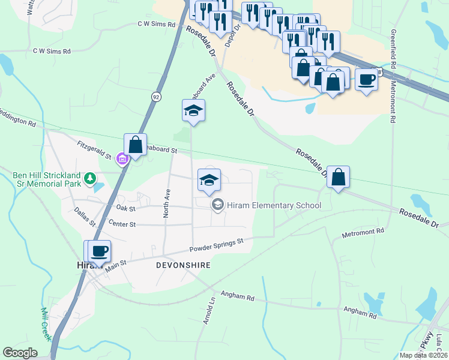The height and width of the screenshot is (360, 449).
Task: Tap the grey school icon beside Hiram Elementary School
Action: pos(217,205)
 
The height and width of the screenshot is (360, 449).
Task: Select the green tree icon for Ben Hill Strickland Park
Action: pos(90,178)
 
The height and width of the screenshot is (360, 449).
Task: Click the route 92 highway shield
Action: pos(155,97)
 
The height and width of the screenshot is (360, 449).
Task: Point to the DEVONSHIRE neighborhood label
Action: pos(183,265)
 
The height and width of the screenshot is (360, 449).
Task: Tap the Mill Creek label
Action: pos(46,324)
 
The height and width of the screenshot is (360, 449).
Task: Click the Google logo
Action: pos(20,353)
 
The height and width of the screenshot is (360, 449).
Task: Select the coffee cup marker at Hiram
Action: pos(100,250)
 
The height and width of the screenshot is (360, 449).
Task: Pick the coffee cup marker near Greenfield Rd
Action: pos(366,79)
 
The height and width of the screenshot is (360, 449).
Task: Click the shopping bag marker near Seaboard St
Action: pos(136,145)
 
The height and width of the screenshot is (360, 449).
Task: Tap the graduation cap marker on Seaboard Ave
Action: pos(193,110)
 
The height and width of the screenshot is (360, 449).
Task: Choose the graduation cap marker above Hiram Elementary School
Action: pos(209,180)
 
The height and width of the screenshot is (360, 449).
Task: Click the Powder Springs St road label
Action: pos(216,245)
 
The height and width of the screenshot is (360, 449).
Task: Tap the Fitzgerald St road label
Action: pos(95,149)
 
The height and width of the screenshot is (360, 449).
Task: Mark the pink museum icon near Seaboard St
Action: pos(122,160)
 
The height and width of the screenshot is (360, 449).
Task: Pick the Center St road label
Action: pos(123,224)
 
